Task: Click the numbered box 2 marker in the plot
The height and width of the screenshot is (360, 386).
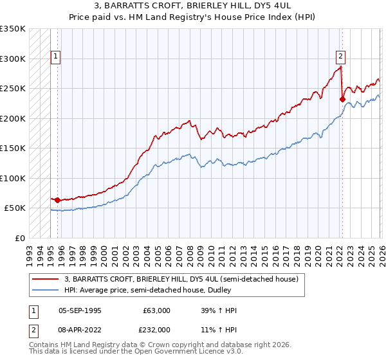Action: coord(340,56)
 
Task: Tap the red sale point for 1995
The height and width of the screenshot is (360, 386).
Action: coord(58,201)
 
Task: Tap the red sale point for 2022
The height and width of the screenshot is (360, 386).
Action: coord(342,99)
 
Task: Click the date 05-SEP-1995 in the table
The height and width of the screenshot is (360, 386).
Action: coord(80,310)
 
